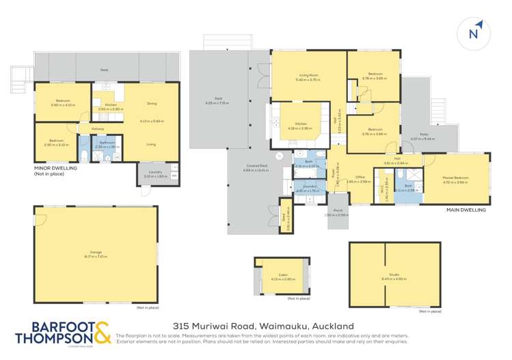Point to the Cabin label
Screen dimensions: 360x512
[x=283, y=275]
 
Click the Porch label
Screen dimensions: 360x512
[x=336, y=211]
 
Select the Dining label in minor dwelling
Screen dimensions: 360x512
[x=151, y=103]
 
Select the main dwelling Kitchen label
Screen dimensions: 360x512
[x=299, y=124]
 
